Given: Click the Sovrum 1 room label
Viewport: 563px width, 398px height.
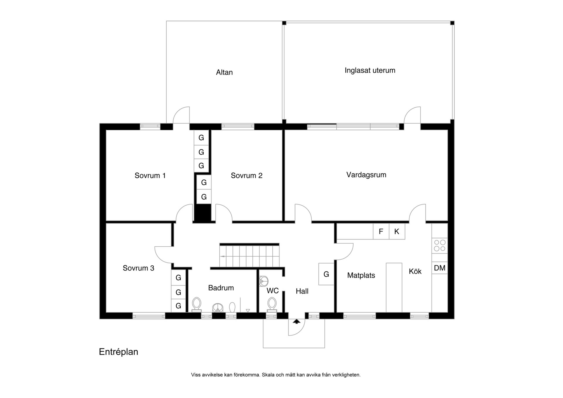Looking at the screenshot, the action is point(150,175).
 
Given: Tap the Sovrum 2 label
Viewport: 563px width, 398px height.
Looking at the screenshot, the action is point(246,175).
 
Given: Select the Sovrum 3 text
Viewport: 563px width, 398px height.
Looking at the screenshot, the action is point(138,268).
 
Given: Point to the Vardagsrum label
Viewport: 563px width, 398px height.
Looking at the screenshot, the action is point(366,175).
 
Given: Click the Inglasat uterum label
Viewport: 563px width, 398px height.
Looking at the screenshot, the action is point(370,70).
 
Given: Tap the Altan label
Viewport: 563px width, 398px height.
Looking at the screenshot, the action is point(224,72).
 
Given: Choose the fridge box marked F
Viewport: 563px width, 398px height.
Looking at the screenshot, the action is point(381,231).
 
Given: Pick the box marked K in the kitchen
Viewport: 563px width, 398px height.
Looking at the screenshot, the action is point(397,231).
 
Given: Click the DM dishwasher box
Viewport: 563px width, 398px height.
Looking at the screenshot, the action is point(440,268).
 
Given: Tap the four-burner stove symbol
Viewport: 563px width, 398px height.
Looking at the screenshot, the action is point(440,246).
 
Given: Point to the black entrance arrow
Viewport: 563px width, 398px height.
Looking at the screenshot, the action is point(297,321).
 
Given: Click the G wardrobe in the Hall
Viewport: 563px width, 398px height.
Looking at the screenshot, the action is point(326,274).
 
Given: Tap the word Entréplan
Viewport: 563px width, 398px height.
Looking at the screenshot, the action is point(118,352).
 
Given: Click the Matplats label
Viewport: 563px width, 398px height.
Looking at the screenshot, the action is point(361,275).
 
